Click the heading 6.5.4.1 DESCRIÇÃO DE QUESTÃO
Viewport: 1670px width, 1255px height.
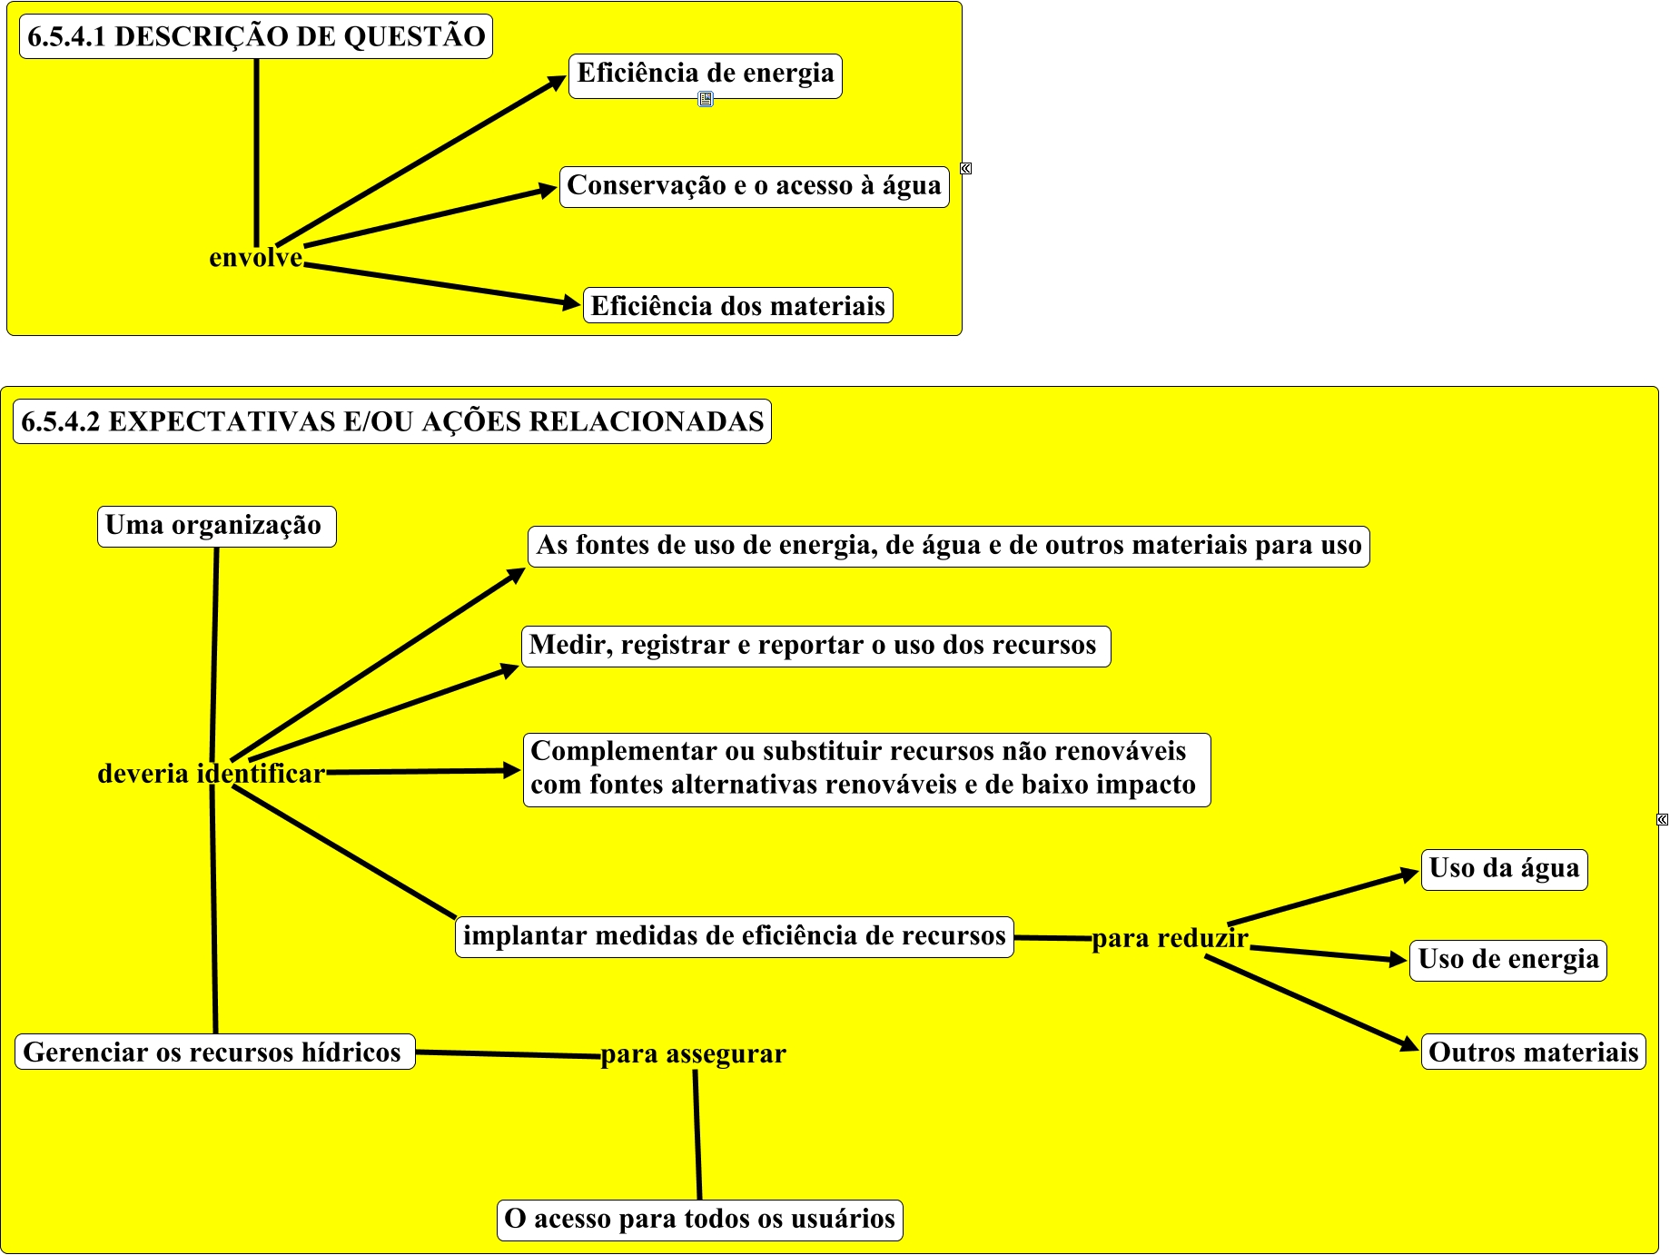[x=256, y=36]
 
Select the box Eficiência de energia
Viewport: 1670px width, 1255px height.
[x=706, y=74]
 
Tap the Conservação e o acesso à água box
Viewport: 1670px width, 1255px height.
[x=754, y=186]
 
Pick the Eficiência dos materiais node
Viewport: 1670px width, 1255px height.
[x=737, y=306]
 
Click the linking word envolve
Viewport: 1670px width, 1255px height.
[x=255, y=258]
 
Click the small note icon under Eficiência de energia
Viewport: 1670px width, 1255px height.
[x=706, y=99]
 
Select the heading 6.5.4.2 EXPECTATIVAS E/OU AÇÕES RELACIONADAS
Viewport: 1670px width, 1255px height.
[x=392, y=421]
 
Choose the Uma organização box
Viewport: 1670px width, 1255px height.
[x=216, y=527]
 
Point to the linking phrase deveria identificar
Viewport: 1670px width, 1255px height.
[x=211, y=774]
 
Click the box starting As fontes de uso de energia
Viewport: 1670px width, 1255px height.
[x=948, y=547]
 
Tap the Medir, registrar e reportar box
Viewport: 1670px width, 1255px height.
[x=815, y=647]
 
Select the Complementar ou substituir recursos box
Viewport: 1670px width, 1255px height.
[x=866, y=769]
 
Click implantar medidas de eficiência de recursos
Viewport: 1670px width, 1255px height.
[x=734, y=936]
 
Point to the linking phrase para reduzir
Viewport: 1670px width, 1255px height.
[x=1170, y=938]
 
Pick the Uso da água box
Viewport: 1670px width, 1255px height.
[x=1504, y=870]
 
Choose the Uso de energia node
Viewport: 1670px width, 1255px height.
[x=1507, y=960]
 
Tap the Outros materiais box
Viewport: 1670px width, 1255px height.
[x=1533, y=1052]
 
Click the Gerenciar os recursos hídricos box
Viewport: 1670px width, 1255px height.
[x=214, y=1052]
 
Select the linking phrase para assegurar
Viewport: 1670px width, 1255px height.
[x=693, y=1054]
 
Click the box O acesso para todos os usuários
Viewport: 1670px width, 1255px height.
[x=699, y=1220]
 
